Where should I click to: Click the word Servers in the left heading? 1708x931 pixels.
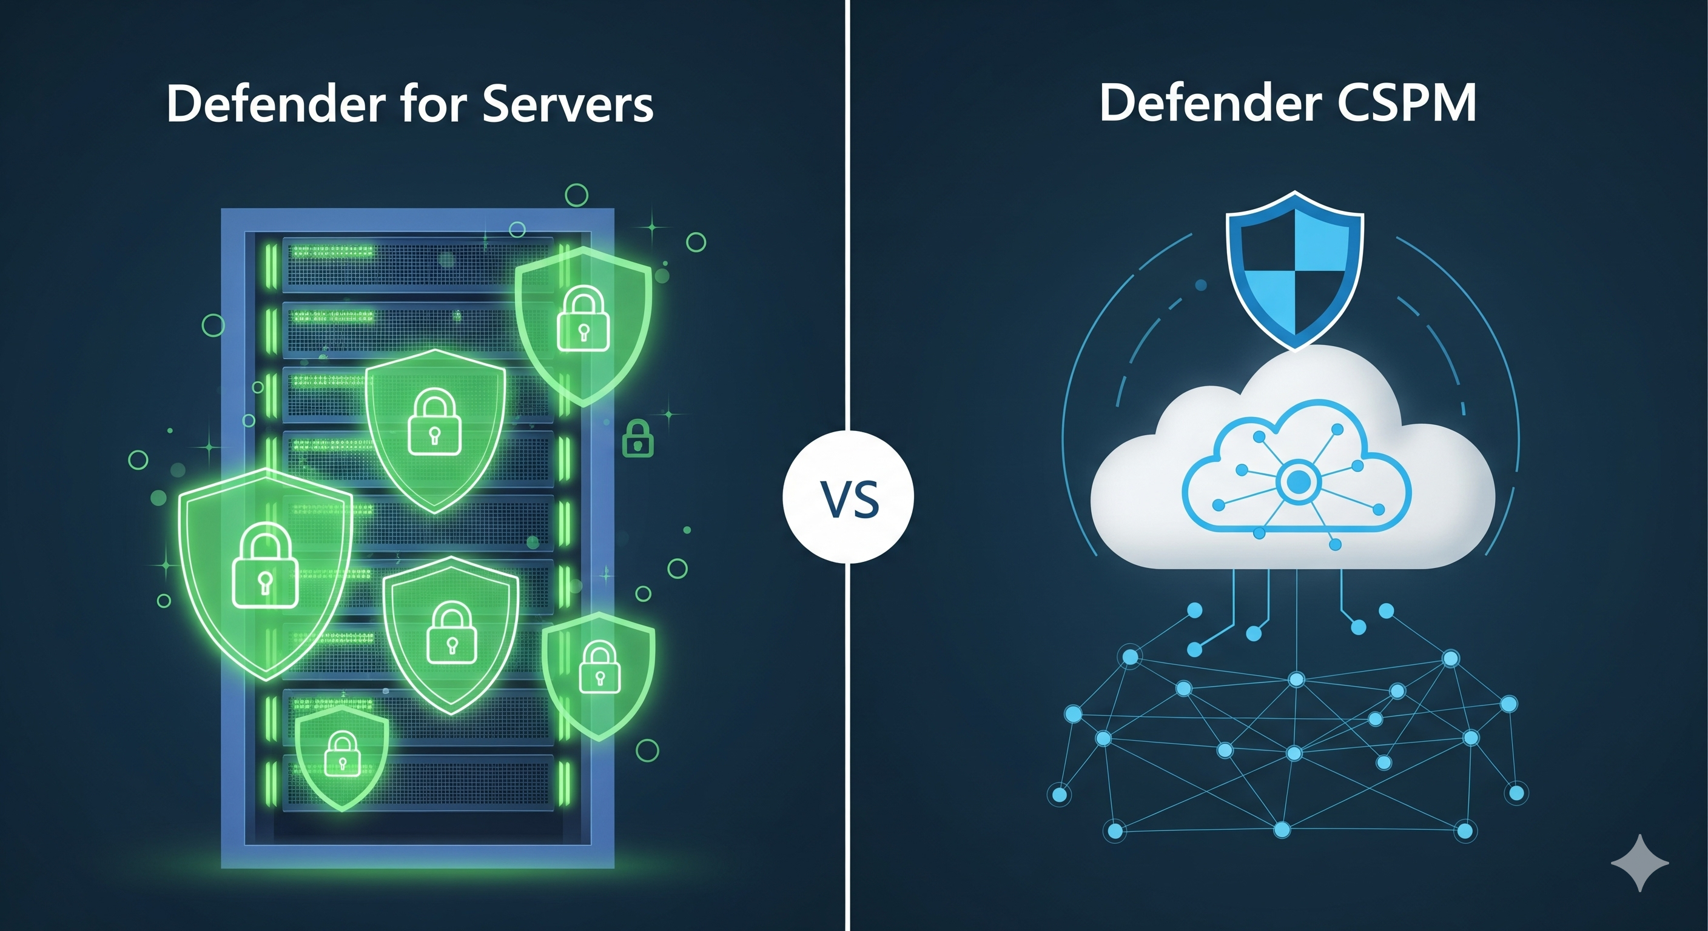[568, 104]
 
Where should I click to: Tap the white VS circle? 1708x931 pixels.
[848, 496]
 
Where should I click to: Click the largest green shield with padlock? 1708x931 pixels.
[265, 570]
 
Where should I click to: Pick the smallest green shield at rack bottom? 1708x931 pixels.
[341, 755]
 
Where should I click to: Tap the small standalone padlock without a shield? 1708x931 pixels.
[638, 438]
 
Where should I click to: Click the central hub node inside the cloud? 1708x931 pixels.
[1297, 482]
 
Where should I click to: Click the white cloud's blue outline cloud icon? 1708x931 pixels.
[1296, 470]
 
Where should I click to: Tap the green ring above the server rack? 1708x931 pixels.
[576, 195]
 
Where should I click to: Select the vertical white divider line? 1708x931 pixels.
[848, 199]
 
